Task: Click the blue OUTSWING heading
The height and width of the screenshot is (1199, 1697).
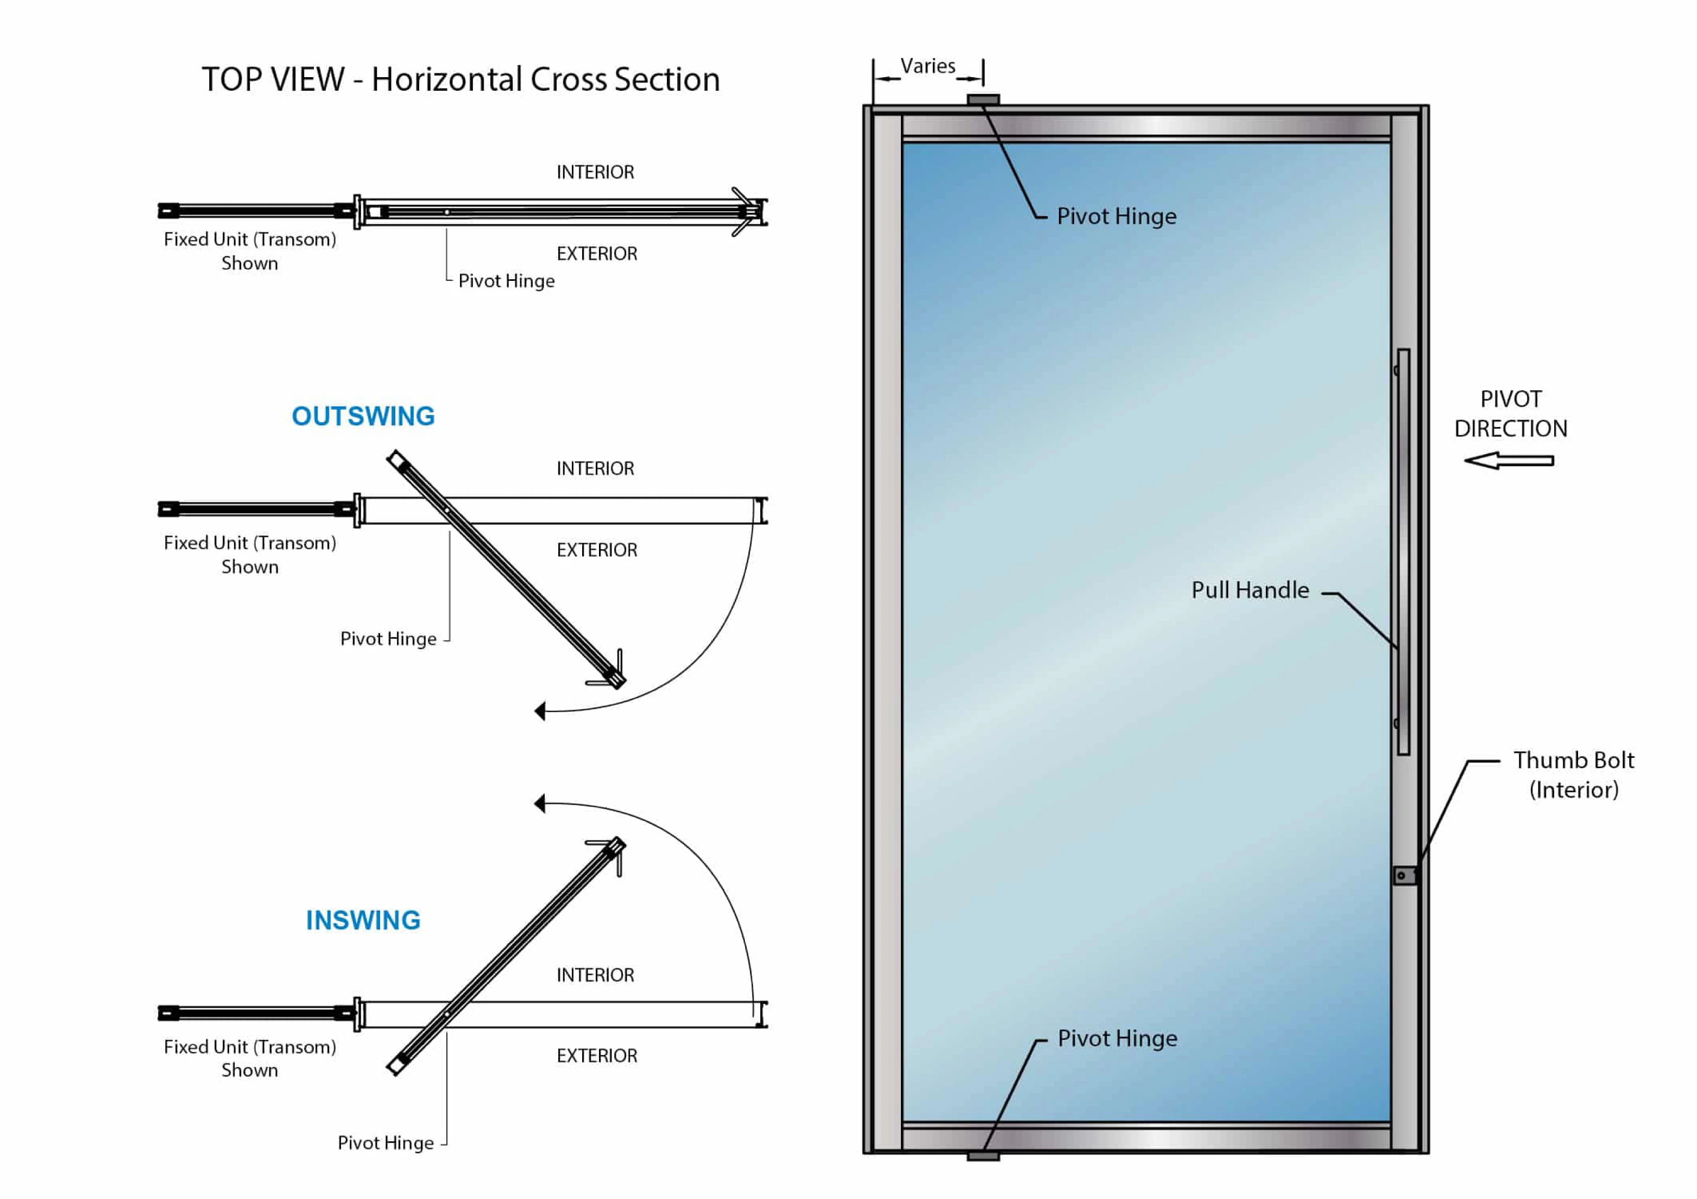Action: click(363, 416)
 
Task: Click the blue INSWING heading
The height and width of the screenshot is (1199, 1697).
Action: click(363, 920)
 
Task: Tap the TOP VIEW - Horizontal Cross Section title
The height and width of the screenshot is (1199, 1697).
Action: click(460, 79)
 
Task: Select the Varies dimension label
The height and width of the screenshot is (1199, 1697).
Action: click(928, 66)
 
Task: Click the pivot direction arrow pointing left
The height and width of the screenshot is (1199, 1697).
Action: click(1508, 461)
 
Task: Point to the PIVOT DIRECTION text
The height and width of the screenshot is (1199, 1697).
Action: click(1510, 413)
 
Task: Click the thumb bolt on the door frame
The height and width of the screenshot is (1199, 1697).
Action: click(1404, 875)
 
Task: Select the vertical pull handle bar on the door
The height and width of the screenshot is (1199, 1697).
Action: click(1403, 551)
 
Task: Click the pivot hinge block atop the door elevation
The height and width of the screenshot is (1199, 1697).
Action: click(983, 99)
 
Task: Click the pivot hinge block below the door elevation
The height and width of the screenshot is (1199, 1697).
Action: click(983, 1156)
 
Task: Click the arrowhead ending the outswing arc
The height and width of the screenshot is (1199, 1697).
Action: click(540, 711)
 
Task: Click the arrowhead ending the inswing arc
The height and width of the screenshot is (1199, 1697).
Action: click(540, 803)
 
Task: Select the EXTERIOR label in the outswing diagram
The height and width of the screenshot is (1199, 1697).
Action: click(596, 550)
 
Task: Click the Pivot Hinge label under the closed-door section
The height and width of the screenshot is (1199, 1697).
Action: click(506, 281)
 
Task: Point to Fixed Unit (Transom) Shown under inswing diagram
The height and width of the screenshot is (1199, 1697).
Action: click(250, 1058)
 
